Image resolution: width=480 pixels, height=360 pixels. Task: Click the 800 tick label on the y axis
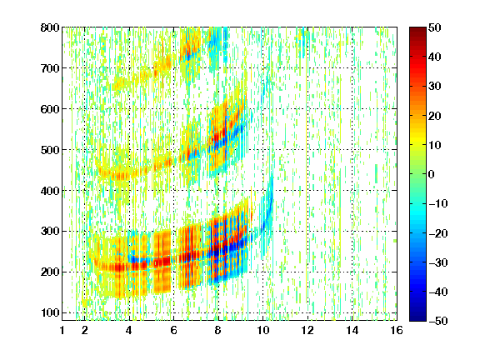(50, 27)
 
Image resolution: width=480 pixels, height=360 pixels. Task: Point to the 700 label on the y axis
(50, 68)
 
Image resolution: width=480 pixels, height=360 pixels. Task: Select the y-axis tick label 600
(50, 109)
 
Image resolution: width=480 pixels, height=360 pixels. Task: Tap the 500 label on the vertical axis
(50, 150)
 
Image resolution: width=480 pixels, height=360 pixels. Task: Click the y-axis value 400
(50, 191)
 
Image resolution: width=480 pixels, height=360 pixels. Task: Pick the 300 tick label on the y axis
(50, 232)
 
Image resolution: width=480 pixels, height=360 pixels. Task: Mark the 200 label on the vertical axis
(50, 272)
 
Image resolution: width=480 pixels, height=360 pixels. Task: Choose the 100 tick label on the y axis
(50, 312)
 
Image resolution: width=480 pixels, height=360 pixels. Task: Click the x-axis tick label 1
(62, 330)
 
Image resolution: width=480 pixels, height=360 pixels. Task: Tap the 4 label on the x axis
(129, 330)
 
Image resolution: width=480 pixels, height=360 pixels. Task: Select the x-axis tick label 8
(217, 330)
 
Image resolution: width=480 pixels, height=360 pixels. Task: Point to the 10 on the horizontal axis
(262, 330)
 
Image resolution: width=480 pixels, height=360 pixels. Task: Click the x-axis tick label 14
(352, 330)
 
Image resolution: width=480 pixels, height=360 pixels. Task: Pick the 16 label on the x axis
(397, 330)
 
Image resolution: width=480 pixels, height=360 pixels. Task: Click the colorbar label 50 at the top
(435, 27)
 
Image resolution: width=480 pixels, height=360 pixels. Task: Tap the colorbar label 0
(432, 174)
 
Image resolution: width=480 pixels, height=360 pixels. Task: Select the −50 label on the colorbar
(438, 321)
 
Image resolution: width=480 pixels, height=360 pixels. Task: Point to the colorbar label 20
(435, 116)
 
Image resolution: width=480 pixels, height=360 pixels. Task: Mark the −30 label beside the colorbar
(438, 262)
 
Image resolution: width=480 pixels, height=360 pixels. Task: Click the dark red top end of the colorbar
(417, 30)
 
